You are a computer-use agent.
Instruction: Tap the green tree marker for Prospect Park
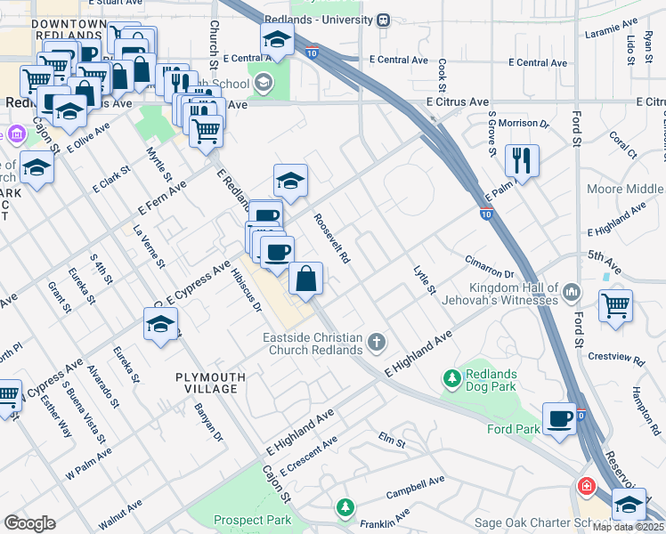[x=345, y=506]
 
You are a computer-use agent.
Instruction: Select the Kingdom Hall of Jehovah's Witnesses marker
[x=571, y=291]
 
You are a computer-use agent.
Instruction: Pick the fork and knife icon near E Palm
[x=521, y=160]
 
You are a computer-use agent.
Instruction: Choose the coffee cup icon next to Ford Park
[x=560, y=418]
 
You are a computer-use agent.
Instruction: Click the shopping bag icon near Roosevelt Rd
[x=305, y=279]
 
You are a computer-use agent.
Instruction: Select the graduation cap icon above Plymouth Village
[x=161, y=325]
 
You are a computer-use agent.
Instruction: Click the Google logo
[x=28, y=522]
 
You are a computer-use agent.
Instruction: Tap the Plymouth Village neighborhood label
[x=206, y=383]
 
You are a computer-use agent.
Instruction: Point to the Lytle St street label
[x=425, y=279]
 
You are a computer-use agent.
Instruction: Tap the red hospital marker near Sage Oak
[x=586, y=486]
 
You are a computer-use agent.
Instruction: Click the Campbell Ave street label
[x=414, y=487]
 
